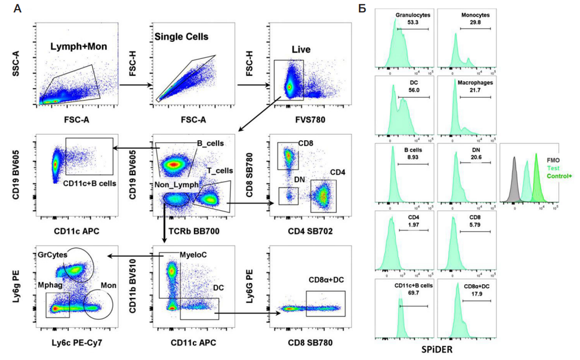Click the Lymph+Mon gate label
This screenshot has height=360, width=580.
pos(79,46)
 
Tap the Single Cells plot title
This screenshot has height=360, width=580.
pos(182,37)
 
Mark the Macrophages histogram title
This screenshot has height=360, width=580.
pos(475,82)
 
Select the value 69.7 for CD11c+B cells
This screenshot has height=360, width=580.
pos(414,292)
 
